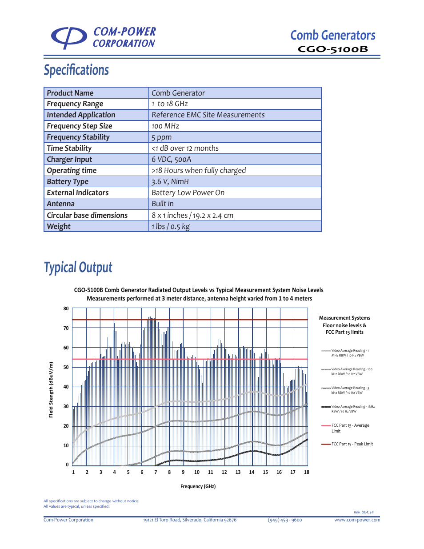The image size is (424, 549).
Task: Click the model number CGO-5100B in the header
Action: pyautogui.click(x=332, y=49)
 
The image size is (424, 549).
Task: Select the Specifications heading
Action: pyautogui.click(x=76, y=70)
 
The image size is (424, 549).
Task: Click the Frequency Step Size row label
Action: pyautogui.click(x=80, y=126)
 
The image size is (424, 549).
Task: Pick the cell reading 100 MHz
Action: pyautogui.click(x=165, y=126)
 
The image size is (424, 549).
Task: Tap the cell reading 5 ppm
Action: pyautogui.click(x=162, y=137)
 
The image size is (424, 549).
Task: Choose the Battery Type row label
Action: pyautogui.click(x=68, y=182)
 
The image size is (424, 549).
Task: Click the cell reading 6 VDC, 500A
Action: pyautogui.click(x=171, y=160)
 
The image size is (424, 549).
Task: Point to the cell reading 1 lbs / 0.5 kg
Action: pyautogui.click(x=171, y=227)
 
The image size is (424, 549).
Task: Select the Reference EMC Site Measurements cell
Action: pyautogui.click(x=208, y=115)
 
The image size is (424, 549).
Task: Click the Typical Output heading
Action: pyautogui.click(x=78, y=268)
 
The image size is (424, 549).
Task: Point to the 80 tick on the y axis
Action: pyautogui.click(x=66, y=309)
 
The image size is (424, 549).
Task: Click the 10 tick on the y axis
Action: pyautogui.click(x=66, y=445)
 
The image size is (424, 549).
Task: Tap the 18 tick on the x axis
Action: pyautogui.click(x=307, y=472)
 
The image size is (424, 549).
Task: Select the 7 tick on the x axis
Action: pyautogui.click(x=156, y=472)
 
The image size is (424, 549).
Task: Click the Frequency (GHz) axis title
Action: pyautogui.click(x=198, y=486)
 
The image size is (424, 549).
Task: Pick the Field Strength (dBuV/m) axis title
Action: pyautogui.click(x=51, y=390)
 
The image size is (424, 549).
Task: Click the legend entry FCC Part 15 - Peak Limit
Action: pyautogui.click(x=352, y=444)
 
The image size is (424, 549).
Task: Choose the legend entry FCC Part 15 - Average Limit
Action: pyautogui.click(x=350, y=428)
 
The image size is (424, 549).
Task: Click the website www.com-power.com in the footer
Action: pyautogui.click(x=357, y=520)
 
